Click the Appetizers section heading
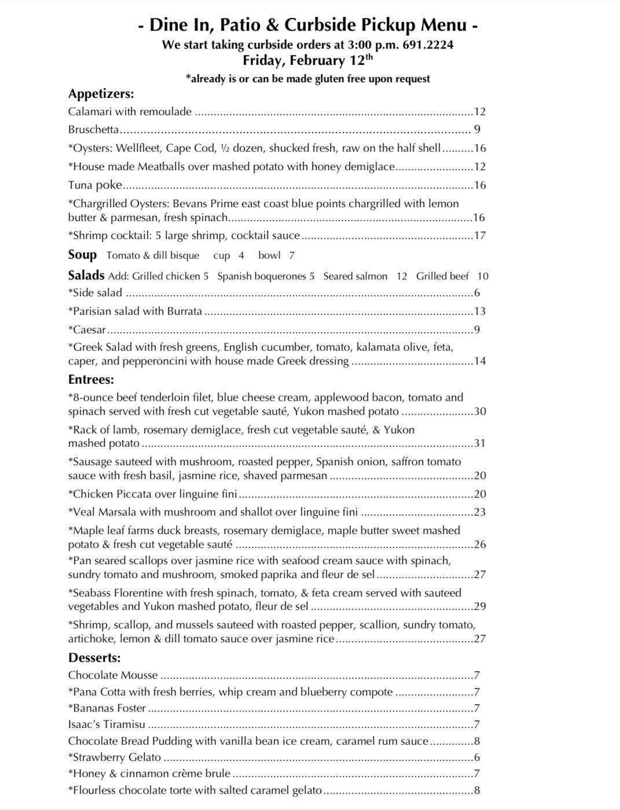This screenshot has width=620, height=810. point(101,94)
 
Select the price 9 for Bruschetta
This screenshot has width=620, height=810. point(477,130)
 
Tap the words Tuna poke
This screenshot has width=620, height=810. point(95,185)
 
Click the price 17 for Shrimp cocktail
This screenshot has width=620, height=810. point(479,235)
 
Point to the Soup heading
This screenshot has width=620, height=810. point(82,255)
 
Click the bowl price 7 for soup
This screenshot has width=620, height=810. point(292,256)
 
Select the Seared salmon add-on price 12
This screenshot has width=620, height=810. point(401,277)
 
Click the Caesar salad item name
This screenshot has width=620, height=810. point(89,330)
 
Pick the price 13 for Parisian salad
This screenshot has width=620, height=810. point(479,311)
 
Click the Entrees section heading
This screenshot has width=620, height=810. point(91,380)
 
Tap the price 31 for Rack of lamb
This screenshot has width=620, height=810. point(479,444)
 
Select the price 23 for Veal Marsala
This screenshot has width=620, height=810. point(479,512)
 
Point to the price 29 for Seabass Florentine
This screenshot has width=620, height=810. point(479,606)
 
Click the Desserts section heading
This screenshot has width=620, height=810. point(94,658)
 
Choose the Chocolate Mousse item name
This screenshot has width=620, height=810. point(113,675)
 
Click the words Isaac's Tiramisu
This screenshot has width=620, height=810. point(107,724)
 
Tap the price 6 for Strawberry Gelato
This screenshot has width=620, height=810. point(477,757)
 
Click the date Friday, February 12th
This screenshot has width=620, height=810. point(307,61)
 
